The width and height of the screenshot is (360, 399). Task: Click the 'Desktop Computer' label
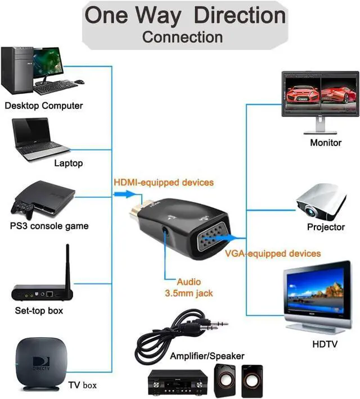(x=43, y=105)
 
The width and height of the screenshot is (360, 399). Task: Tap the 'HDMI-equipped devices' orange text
(x=164, y=182)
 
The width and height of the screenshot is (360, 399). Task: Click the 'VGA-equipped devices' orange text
(x=273, y=253)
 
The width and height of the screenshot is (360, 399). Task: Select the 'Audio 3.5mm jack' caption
(x=188, y=287)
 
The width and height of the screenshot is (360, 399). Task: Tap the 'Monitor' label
(x=326, y=143)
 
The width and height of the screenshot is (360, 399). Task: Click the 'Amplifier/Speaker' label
(x=207, y=356)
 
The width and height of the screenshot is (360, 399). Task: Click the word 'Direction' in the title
(x=240, y=15)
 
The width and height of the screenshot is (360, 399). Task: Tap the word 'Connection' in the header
(x=182, y=38)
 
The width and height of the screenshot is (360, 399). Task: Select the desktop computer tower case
(x=15, y=70)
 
